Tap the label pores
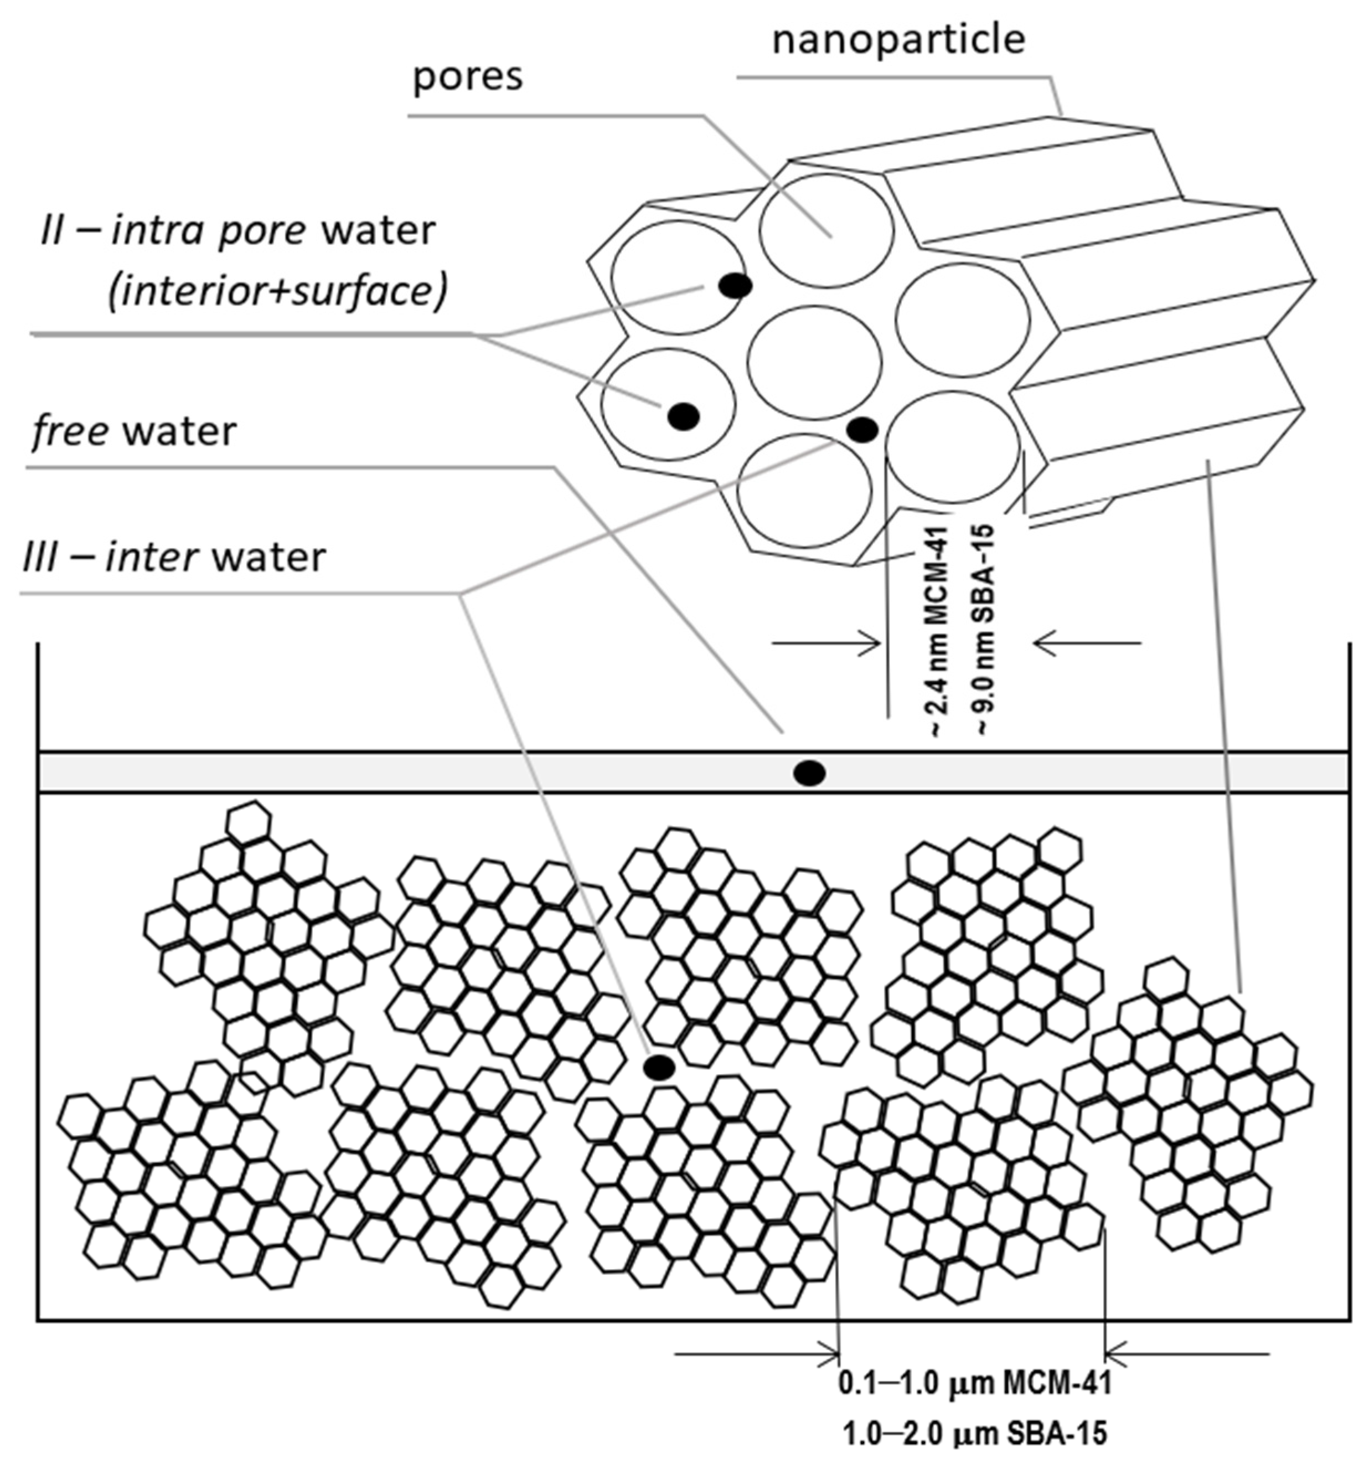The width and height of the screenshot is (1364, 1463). coord(467,76)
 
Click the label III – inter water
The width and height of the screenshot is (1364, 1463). coord(174,557)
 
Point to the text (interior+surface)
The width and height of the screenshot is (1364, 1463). coord(277,292)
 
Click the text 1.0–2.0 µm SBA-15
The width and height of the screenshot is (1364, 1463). coord(974,1434)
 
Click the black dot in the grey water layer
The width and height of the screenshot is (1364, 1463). coord(809,772)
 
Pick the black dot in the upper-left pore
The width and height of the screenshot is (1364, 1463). coord(735,286)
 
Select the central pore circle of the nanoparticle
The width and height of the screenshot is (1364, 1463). coord(814,362)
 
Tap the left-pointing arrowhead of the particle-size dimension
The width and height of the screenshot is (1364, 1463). coord(1114,1353)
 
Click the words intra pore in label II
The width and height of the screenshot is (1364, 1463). coord(208,231)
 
